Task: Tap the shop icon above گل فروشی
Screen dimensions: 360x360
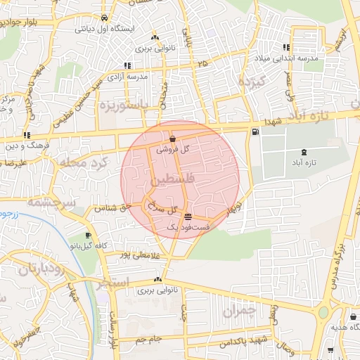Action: click(173, 139)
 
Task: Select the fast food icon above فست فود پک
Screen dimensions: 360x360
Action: click(187, 216)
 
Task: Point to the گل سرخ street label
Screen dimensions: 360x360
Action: click(164, 209)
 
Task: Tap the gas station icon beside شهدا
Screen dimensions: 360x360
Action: click(254, 131)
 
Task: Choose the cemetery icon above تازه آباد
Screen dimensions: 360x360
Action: click(303, 152)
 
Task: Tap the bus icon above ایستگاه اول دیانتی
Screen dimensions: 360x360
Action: click(104, 18)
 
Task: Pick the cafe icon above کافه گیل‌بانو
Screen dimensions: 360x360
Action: click(87, 235)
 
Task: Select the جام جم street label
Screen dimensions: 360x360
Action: click(150, 340)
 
